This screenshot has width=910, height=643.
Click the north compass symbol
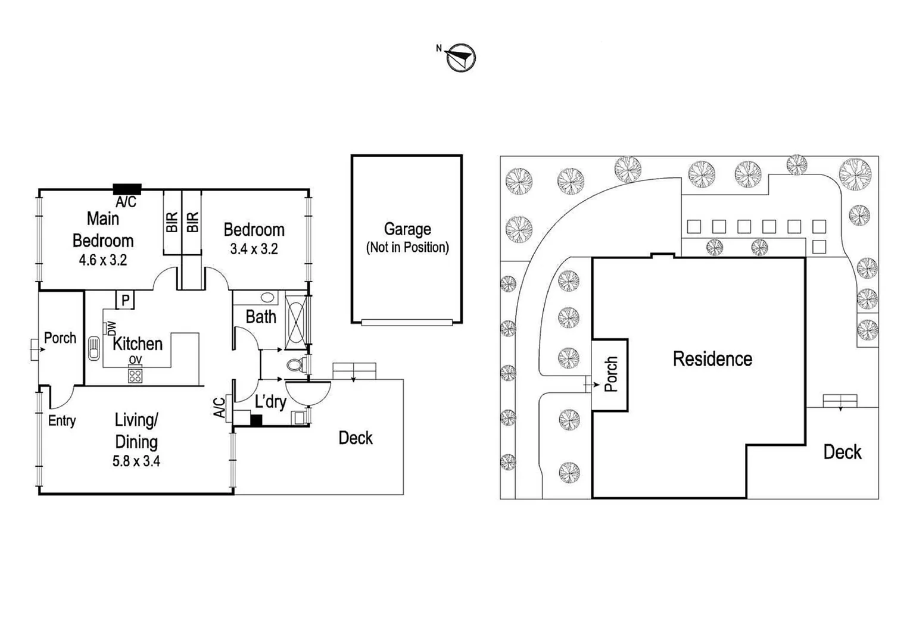click(x=461, y=58)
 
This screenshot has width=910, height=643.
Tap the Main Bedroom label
click(x=103, y=230)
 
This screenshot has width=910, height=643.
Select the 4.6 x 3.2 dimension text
click(x=103, y=260)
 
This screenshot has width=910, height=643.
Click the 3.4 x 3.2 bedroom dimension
click(x=254, y=249)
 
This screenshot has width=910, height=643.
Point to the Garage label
click(x=407, y=229)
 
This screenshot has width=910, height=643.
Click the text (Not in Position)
click(x=407, y=247)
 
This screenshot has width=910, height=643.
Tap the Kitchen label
click(x=138, y=344)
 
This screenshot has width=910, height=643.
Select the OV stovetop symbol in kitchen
click(x=135, y=375)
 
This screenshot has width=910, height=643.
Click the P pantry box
click(x=125, y=300)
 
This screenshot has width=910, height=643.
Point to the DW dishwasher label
click(x=111, y=329)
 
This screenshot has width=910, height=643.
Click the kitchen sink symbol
click(x=94, y=349)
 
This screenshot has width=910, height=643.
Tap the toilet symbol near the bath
click(x=295, y=364)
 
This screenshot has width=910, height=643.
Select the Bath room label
click(x=261, y=317)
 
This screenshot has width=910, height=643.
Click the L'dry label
click(x=270, y=402)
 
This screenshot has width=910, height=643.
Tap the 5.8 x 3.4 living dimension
click(x=136, y=461)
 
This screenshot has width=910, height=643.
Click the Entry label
click(x=62, y=421)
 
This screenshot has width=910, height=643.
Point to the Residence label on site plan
click(x=712, y=359)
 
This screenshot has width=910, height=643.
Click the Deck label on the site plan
click(x=842, y=452)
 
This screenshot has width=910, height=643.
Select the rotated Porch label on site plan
click(x=611, y=374)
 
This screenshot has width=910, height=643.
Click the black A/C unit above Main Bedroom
click(x=127, y=189)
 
